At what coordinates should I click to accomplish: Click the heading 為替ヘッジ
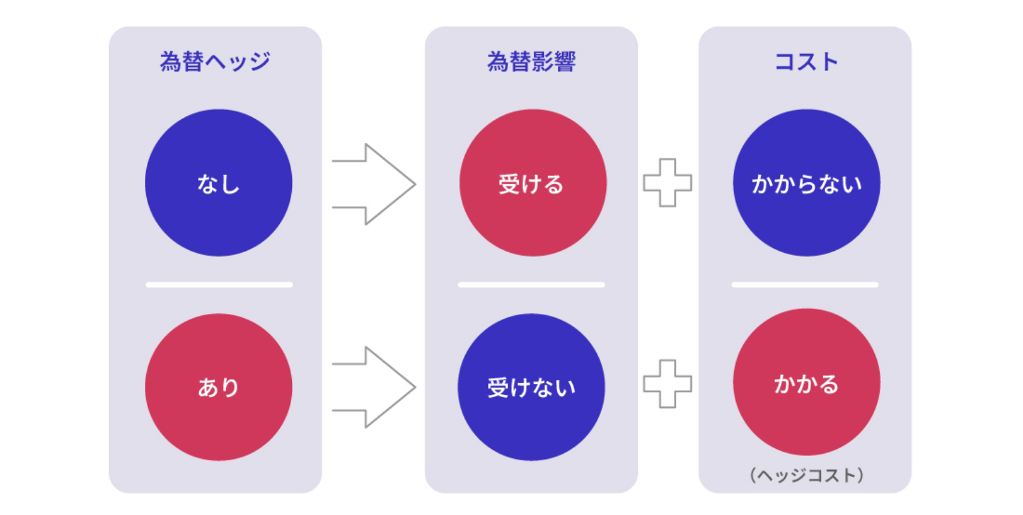[215, 61]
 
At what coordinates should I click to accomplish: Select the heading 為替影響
[531, 61]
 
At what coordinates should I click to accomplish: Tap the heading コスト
[806, 61]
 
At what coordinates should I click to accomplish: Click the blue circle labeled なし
[219, 183]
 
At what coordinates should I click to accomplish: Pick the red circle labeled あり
[219, 387]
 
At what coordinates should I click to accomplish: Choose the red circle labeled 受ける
[533, 183]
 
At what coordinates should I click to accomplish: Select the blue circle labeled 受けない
[531, 387]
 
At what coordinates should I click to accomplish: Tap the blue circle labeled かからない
[806, 183]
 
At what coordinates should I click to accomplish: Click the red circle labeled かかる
[806, 382]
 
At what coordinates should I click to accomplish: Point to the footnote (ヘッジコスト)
[806, 475]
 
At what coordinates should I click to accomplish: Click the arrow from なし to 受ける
[374, 184]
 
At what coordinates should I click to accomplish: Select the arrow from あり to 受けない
[374, 387]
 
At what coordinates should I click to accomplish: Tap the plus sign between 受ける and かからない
[668, 183]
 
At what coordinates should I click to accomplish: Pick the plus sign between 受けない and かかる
[668, 383]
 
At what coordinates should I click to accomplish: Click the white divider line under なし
[219, 285]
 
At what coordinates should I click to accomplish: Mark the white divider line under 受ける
[531, 285]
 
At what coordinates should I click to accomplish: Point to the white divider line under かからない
[805, 285]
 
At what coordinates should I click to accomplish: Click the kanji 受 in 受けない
[498, 387]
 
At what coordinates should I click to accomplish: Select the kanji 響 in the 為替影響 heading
[565, 61]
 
